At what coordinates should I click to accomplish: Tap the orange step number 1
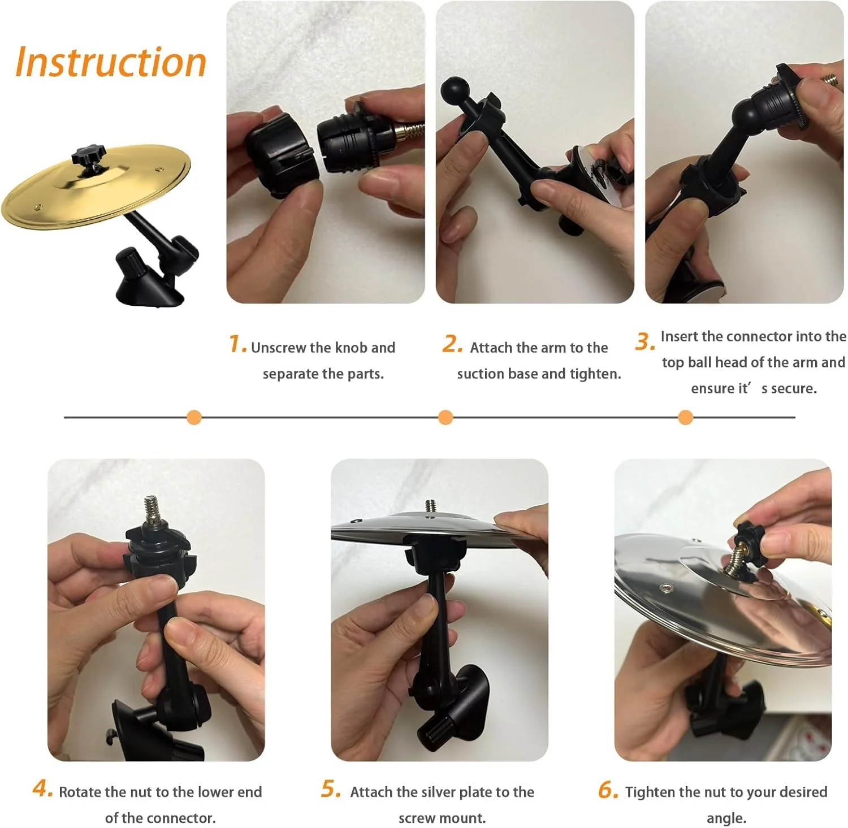(237, 344)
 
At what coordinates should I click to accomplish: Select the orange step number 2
(453, 344)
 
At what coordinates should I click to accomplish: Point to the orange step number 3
(645, 341)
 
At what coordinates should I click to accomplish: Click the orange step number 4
(43, 788)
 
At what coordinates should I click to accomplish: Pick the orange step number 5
(331, 788)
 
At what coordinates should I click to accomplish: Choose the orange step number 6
(608, 790)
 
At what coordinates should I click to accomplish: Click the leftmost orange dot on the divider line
(194, 418)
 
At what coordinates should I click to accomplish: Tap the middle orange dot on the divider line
(445, 418)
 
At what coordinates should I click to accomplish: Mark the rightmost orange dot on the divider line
(685, 418)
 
